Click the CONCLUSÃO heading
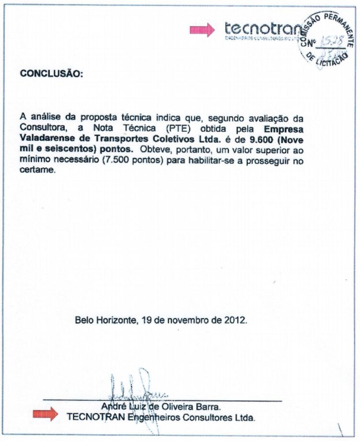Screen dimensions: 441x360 tap(51, 74)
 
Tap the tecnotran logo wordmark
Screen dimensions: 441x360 tap(263, 29)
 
